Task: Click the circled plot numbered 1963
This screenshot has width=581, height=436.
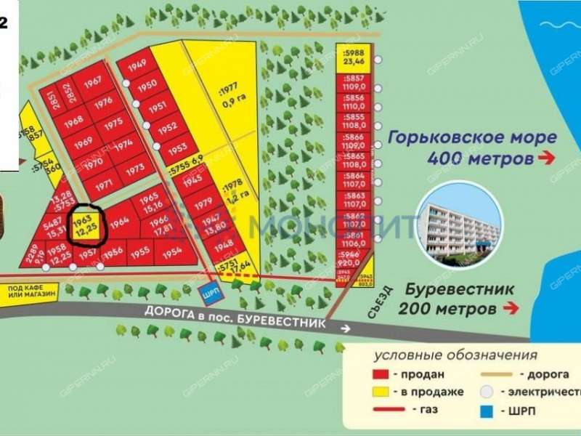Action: (x=86, y=225)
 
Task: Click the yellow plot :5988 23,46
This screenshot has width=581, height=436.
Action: (x=353, y=57)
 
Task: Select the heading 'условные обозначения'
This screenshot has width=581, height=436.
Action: (x=455, y=355)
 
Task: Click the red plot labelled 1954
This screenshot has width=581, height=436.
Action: (x=172, y=251)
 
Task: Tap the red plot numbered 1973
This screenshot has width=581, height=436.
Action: (x=136, y=168)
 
